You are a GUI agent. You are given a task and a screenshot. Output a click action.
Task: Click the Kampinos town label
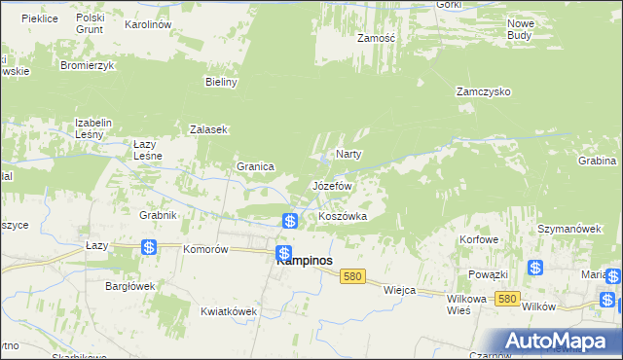click(x=304, y=261)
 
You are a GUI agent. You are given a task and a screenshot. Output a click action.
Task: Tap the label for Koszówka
click(x=343, y=216)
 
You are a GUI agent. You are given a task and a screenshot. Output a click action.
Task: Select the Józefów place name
click(x=331, y=185)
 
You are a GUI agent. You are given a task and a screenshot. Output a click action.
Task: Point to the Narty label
click(x=348, y=155)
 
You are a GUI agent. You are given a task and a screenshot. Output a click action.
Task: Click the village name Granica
click(x=255, y=166)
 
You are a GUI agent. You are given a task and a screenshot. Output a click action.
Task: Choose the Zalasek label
click(x=208, y=129)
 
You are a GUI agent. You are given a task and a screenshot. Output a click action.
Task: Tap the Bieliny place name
click(x=222, y=83)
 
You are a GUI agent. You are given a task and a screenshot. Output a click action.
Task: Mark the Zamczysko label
click(x=484, y=91)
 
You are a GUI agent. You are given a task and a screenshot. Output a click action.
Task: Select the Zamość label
click(x=375, y=38)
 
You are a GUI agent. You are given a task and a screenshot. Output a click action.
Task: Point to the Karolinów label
click(x=149, y=23)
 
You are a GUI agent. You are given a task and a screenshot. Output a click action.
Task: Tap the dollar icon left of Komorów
click(x=148, y=248)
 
